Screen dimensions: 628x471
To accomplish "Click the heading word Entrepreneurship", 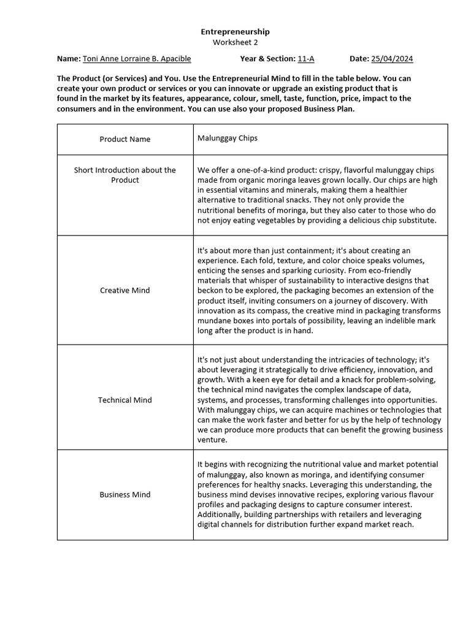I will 235,31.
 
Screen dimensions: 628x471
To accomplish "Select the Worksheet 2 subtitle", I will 235,42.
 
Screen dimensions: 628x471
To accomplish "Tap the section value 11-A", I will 306,59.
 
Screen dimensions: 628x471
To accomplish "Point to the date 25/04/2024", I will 392,59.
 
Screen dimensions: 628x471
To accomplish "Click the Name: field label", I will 68,59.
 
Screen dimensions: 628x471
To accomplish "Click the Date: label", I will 359,59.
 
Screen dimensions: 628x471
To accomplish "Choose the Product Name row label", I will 125,139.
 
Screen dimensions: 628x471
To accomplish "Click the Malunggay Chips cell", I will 228,138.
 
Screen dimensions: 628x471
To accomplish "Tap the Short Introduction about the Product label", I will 125,175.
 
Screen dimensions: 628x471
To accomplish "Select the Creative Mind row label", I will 125,290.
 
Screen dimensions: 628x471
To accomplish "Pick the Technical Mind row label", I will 125,400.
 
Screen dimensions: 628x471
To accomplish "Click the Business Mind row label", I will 125,494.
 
